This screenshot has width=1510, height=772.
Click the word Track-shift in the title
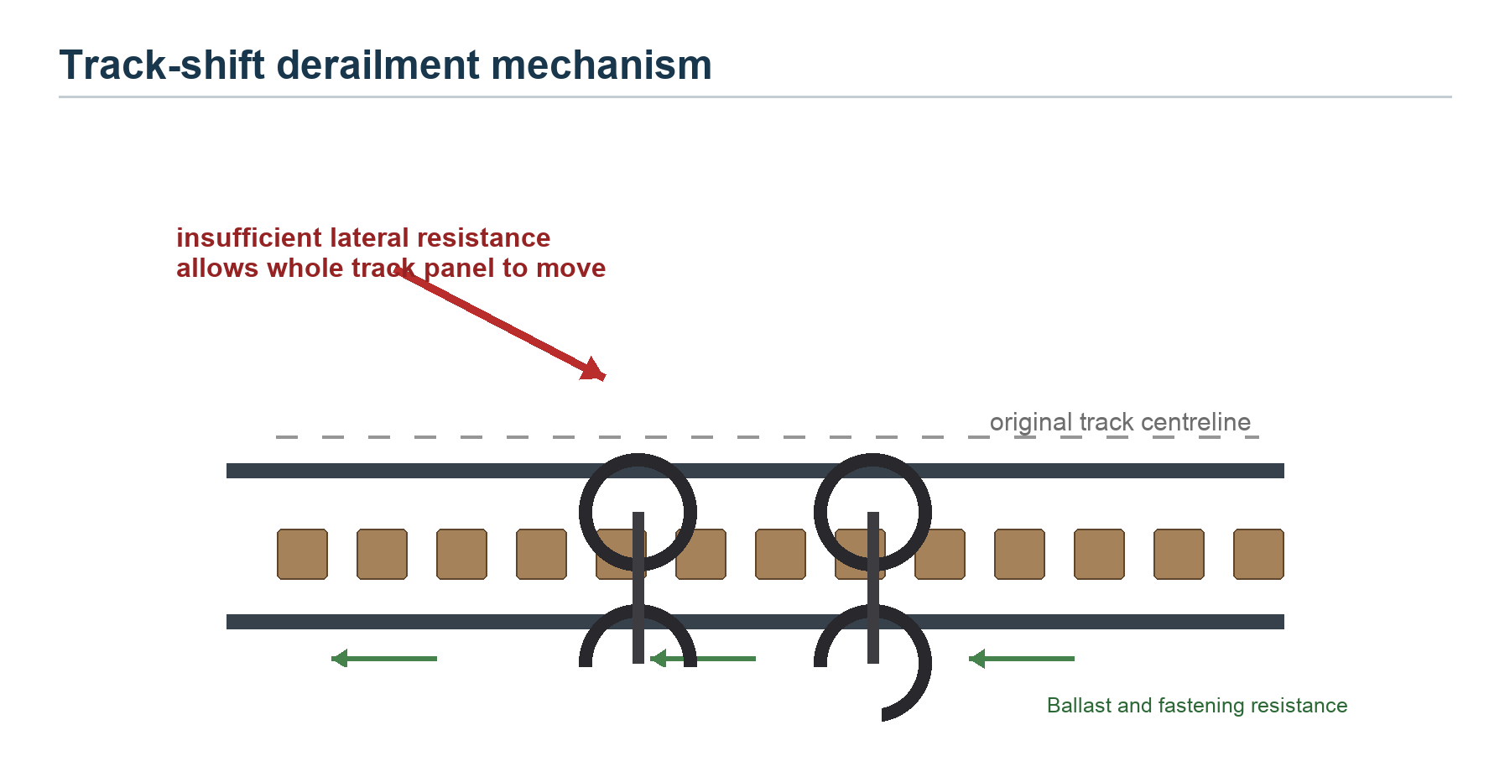click(162, 65)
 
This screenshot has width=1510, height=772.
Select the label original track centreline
click(1120, 422)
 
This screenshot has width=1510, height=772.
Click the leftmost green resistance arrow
click(384, 659)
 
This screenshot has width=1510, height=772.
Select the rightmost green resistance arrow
click(1022, 659)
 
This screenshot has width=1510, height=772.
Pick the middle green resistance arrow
click(703, 659)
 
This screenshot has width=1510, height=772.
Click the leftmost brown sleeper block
click(303, 554)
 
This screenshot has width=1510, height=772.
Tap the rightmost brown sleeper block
click(1258, 554)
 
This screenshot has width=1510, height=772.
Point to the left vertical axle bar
click(638, 587)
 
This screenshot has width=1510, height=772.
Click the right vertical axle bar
click(873, 587)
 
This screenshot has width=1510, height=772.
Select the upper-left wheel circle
click(586, 512)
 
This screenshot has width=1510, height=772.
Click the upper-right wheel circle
click(820, 512)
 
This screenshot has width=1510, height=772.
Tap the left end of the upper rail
click(227, 471)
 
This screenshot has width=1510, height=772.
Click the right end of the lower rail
click(1283, 622)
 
